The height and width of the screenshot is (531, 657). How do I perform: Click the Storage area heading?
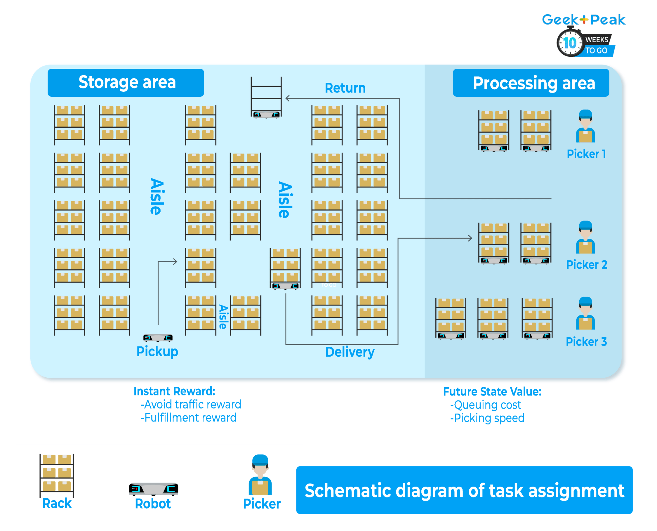click(x=126, y=83)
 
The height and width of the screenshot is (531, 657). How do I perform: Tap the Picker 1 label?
click(x=586, y=154)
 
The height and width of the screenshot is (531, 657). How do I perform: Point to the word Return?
click(x=345, y=88)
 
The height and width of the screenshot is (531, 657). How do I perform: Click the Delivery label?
click(x=350, y=352)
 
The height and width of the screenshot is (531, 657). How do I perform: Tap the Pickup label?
click(x=157, y=351)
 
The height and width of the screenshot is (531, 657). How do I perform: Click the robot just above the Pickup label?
click(x=158, y=337)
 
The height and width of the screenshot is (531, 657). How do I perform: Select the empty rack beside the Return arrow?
click(x=266, y=97)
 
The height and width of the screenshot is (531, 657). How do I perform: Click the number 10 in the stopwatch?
click(x=570, y=43)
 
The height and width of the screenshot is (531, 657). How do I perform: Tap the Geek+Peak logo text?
click(x=583, y=20)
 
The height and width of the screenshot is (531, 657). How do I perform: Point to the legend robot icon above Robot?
click(x=153, y=488)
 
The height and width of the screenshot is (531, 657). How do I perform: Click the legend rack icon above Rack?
click(x=57, y=475)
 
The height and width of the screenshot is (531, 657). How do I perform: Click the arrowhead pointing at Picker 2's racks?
click(x=470, y=238)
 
